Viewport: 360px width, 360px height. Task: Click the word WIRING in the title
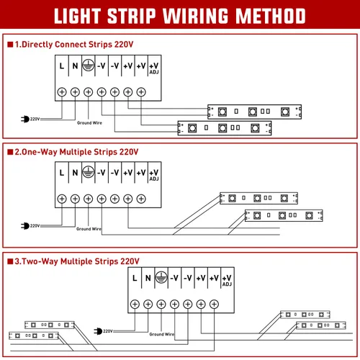[x=195, y=16]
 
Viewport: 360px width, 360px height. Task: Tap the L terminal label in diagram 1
[x=62, y=66]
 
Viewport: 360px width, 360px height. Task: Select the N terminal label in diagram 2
[x=75, y=173]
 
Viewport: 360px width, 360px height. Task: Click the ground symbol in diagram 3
[x=161, y=278]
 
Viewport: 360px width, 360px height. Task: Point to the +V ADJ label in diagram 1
[x=154, y=68]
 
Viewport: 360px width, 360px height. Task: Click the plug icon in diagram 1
[x=25, y=119]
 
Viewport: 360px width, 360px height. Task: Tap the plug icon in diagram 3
[x=98, y=331]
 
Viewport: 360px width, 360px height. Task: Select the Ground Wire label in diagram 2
[x=89, y=229]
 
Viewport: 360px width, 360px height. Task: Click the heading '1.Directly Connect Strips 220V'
[x=74, y=45]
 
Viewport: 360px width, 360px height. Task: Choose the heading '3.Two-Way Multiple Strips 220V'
[x=77, y=261]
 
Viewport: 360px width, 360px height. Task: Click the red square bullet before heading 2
[x=10, y=152]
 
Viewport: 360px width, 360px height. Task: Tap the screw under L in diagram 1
[x=62, y=92]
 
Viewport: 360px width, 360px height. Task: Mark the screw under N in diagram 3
[x=148, y=305]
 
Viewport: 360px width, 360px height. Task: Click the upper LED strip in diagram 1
[x=254, y=112]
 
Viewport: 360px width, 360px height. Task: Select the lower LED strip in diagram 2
[x=284, y=215]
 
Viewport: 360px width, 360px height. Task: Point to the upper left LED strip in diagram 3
[x=50, y=325]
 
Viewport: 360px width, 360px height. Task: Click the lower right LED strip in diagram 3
[x=321, y=325]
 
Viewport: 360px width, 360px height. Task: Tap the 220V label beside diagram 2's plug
[x=35, y=225]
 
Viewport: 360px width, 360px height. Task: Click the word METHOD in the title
[x=271, y=16]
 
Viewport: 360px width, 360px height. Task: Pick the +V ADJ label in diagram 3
[x=227, y=281]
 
